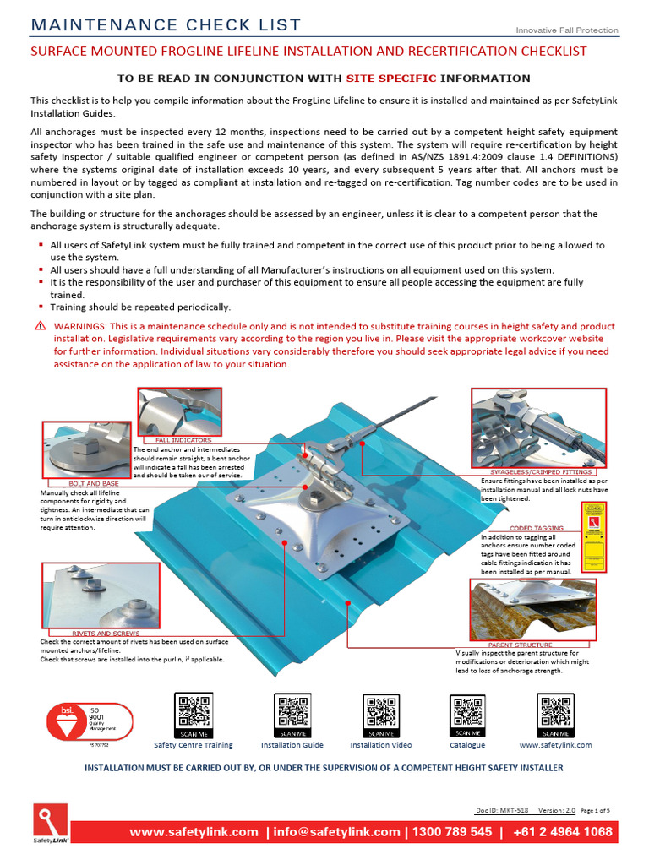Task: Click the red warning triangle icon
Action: [40, 326]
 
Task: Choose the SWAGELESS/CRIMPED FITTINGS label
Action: [541, 471]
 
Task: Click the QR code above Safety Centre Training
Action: [193, 715]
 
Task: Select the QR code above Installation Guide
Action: [292, 715]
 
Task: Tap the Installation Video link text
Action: [381, 745]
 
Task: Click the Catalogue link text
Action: [467, 745]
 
